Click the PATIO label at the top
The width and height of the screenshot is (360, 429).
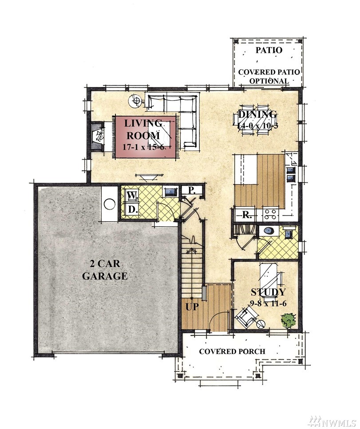[x=269, y=50]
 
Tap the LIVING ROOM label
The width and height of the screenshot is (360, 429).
[x=143, y=129]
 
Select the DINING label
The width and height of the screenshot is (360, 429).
[x=257, y=114]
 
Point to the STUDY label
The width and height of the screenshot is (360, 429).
[x=268, y=292]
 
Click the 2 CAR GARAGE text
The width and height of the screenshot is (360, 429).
[x=105, y=270]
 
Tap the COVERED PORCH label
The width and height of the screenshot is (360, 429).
[x=232, y=351]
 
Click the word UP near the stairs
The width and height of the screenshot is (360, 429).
[x=192, y=307]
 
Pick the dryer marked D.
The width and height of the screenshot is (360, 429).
[x=132, y=210]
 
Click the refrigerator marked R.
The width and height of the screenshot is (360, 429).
[x=246, y=215]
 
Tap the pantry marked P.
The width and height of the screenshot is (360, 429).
[x=192, y=190]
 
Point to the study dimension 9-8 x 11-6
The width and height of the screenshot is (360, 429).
[x=269, y=303]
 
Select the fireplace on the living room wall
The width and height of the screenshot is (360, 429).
[x=98, y=136]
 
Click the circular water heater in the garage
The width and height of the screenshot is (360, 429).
[x=110, y=204]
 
